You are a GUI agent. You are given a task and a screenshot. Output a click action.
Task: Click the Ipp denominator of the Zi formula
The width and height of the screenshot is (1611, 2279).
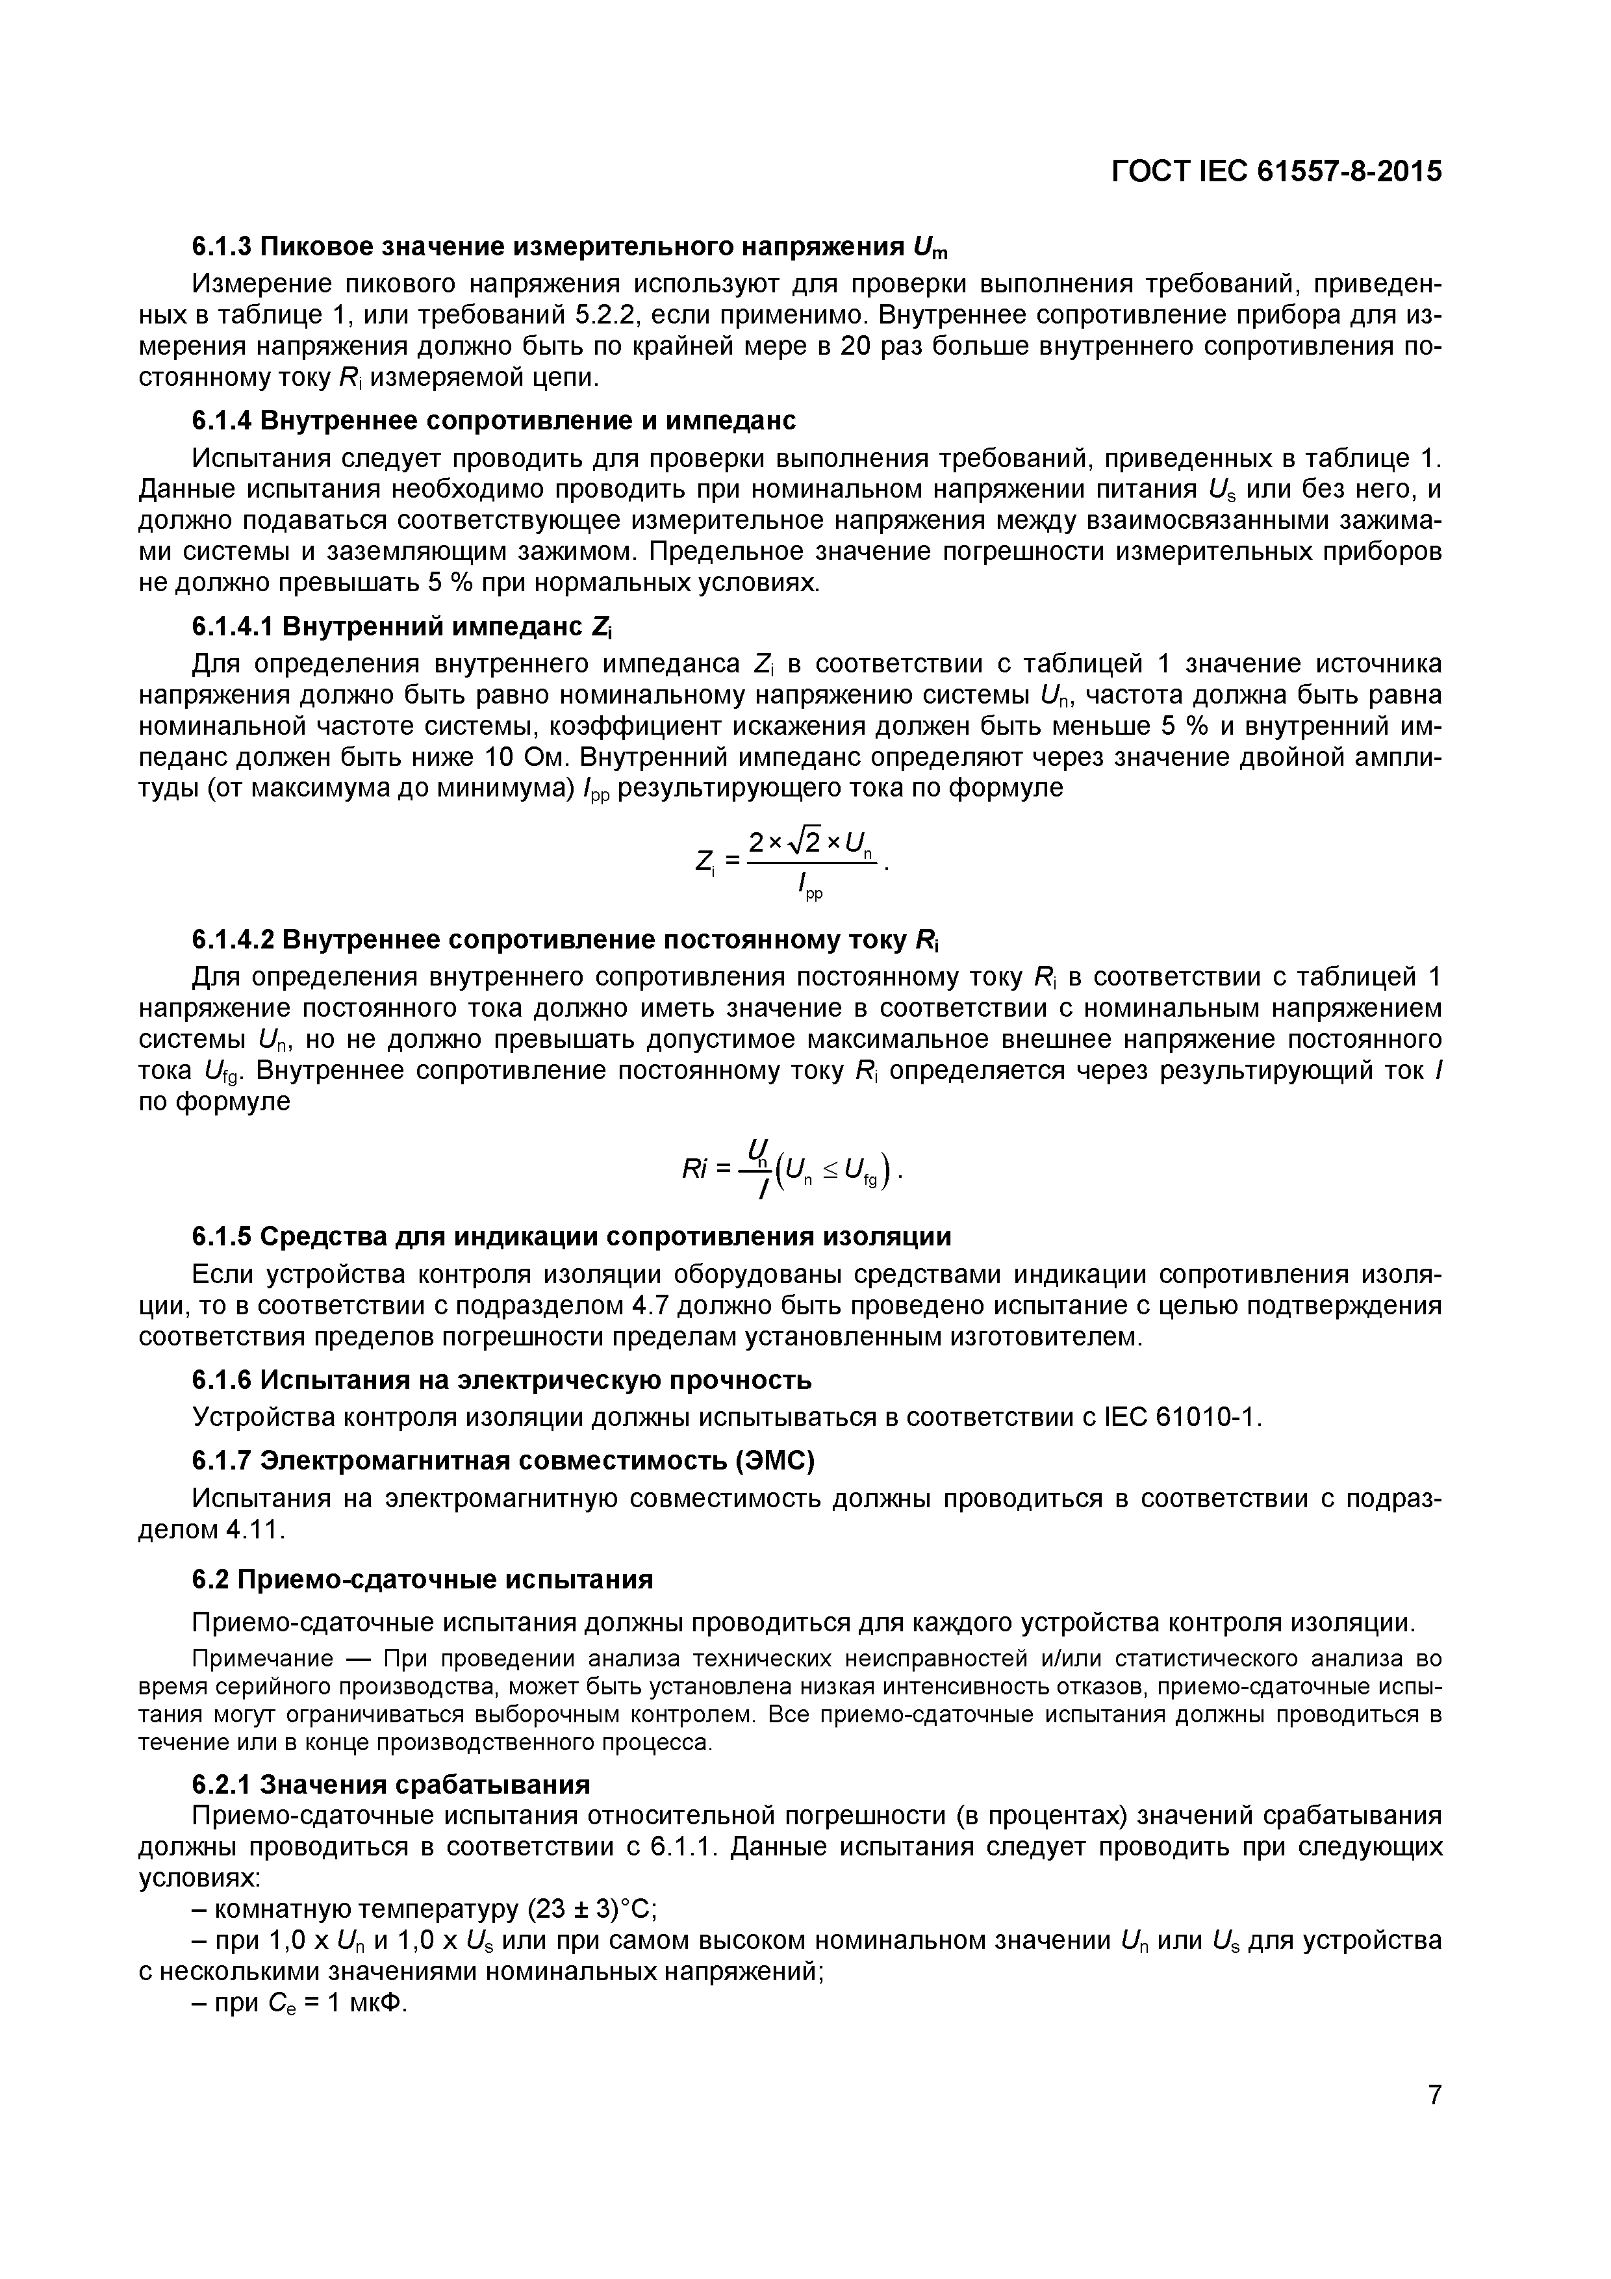tap(810, 891)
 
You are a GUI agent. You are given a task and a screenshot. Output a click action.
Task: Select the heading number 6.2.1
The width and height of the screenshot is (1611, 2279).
tap(222, 1785)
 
